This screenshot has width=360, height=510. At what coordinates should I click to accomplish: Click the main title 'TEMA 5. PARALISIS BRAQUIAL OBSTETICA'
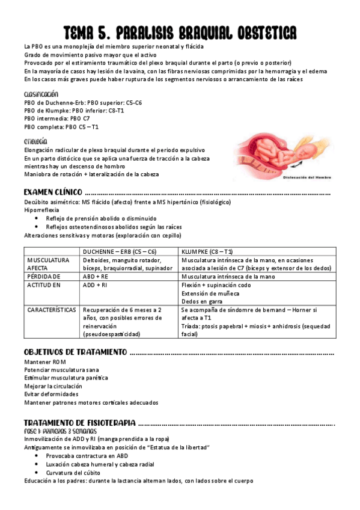(x=180, y=32)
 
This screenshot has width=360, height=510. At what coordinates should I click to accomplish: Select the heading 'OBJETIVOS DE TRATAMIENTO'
(x=75, y=351)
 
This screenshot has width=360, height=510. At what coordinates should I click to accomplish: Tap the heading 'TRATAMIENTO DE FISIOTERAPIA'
(x=79, y=423)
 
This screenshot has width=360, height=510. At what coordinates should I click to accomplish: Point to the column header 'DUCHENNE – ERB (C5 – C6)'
(x=120, y=251)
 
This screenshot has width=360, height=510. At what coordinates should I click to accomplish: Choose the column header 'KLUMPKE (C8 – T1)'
(x=207, y=251)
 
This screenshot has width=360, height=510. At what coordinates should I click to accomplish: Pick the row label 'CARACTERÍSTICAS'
(x=50, y=310)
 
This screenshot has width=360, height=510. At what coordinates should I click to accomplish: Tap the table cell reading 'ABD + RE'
(x=96, y=276)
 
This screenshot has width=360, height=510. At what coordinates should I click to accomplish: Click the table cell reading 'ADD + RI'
(x=96, y=284)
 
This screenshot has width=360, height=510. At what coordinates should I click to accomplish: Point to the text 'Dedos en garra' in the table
(x=201, y=301)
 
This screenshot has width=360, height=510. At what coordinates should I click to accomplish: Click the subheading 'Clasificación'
(x=41, y=94)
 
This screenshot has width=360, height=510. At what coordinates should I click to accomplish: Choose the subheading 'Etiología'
(x=35, y=141)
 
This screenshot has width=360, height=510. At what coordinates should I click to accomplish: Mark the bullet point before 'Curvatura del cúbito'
(x=38, y=473)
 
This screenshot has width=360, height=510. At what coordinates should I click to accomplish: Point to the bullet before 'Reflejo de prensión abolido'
(x=38, y=218)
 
